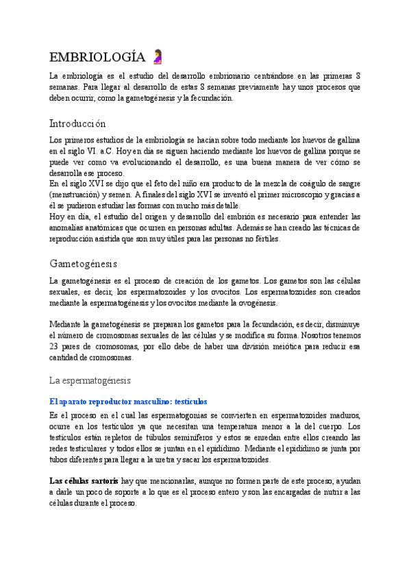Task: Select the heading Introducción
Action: (x=78, y=124)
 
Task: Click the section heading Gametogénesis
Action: (x=84, y=244)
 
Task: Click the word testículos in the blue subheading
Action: (x=186, y=401)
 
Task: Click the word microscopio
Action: (x=301, y=195)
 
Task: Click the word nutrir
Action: (x=330, y=492)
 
